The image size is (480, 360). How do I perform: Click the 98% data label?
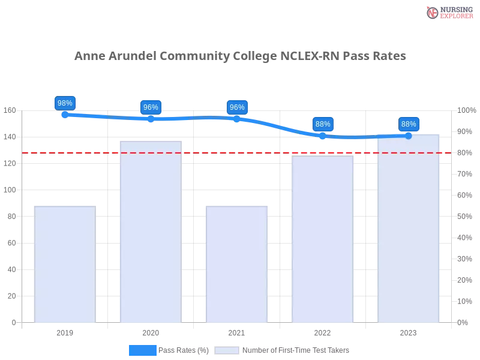click(x=64, y=103)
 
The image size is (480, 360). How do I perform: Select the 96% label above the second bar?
click(x=151, y=107)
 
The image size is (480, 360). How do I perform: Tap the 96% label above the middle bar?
click(x=237, y=107)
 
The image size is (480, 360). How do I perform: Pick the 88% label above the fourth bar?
click(x=323, y=124)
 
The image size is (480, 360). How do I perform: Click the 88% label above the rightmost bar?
click(x=409, y=124)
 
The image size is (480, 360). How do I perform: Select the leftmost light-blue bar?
click(x=65, y=264)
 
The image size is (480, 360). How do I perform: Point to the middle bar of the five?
click(x=237, y=264)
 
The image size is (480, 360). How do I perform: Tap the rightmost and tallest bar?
click(x=408, y=228)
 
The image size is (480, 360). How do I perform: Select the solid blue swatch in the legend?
click(x=143, y=350)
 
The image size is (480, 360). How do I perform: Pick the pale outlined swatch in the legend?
click(x=227, y=350)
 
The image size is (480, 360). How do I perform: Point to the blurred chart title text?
click(x=240, y=57)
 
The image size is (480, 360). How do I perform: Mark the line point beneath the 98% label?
click(x=64, y=114)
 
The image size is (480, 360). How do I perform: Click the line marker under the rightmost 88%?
click(x=409, y=136)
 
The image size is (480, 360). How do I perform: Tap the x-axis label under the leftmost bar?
click(x=65, y=332)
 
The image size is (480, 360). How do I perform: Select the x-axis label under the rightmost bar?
click(x=408, y=332)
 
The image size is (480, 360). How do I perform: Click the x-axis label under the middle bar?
click(x=237, y=332)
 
